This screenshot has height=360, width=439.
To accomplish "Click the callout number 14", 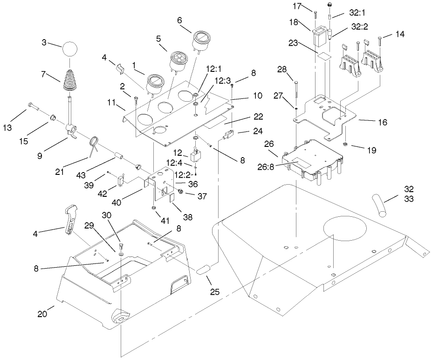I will click(x=400, y=34).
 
